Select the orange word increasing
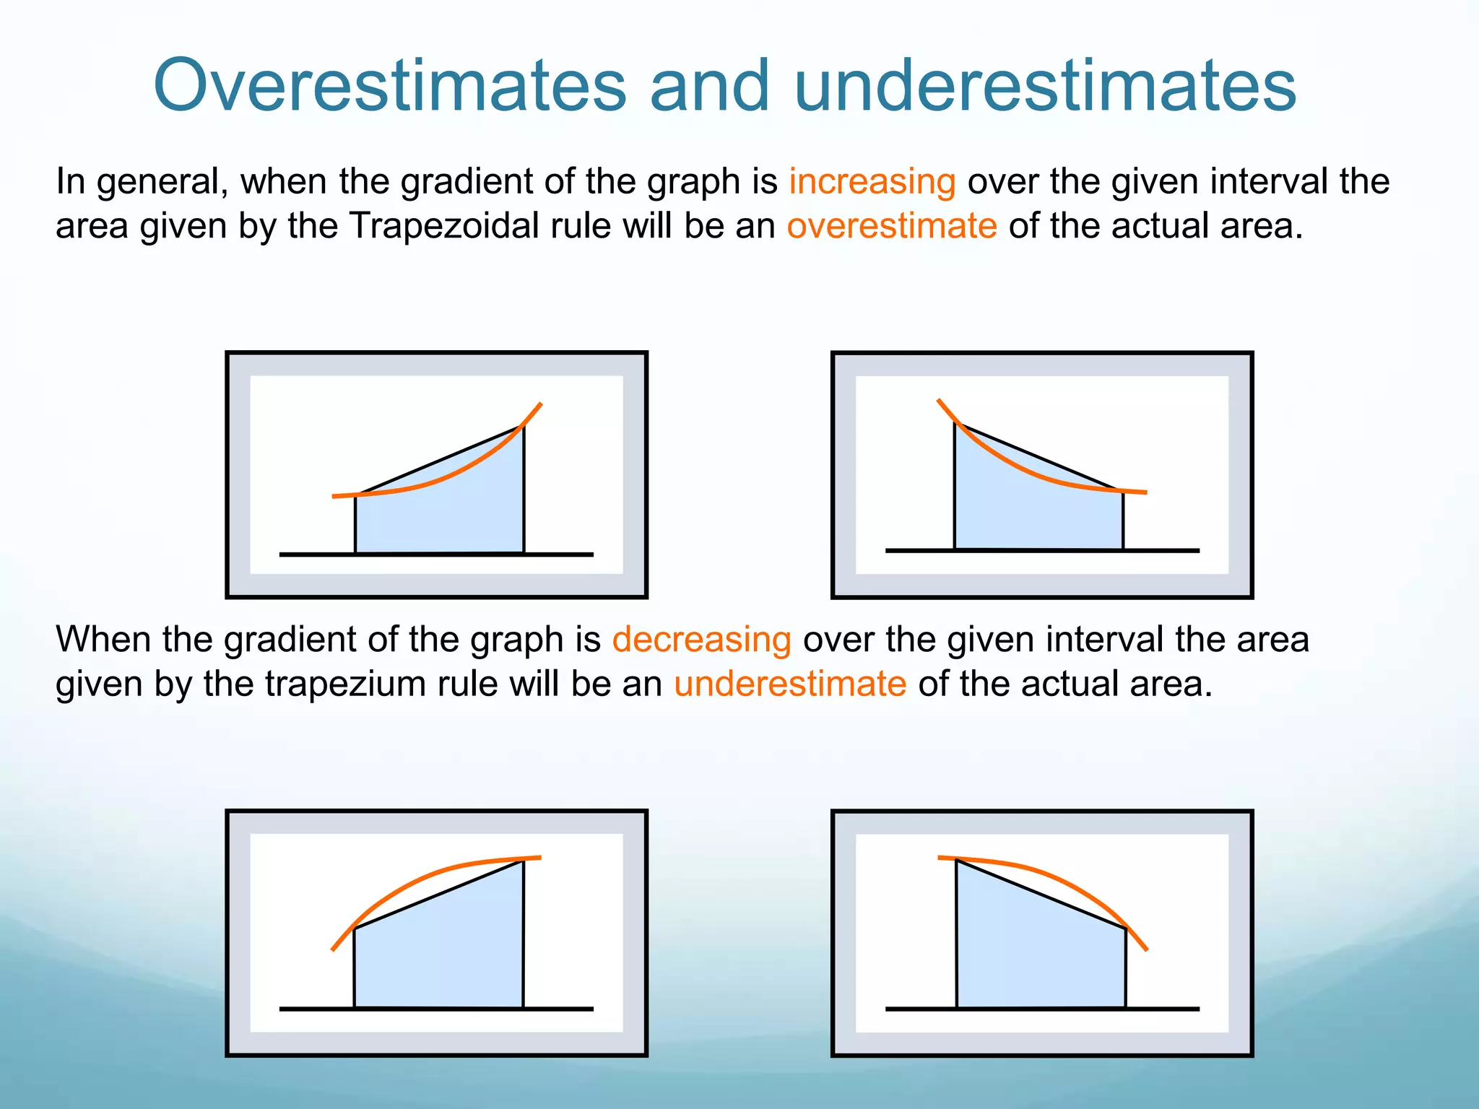click(x=872, y=181)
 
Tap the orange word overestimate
click(x=891, y=226)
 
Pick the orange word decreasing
click(x=701, y=640)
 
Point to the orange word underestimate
click(x=789, y=684)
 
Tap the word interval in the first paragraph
click(x=1270, y=181)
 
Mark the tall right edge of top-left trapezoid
click(x=524, y=491)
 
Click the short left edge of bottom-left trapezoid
click(x=354, y=967)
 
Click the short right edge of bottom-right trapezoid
click(x=1125, y=967)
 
